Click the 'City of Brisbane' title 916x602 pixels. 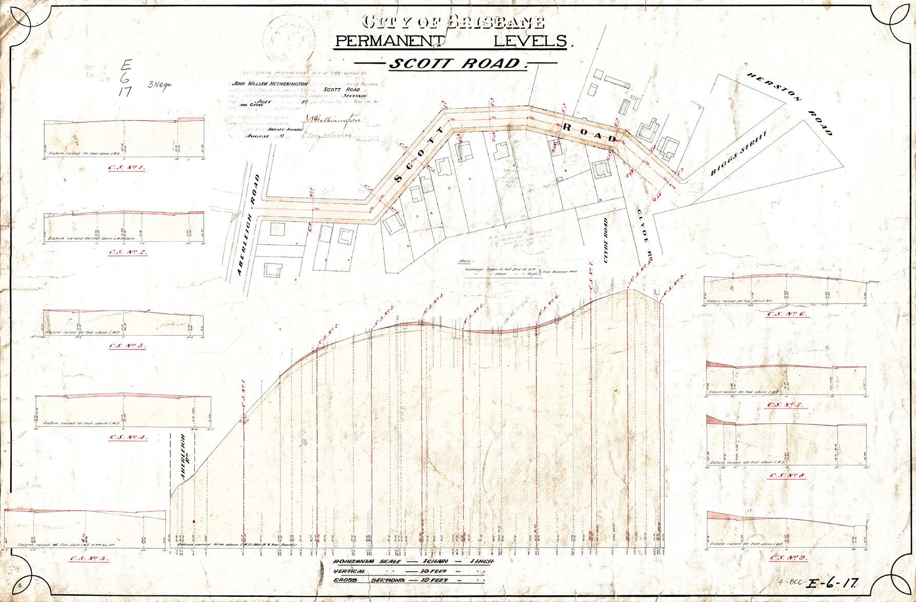click(x=453, y=22)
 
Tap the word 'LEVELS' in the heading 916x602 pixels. click(x=530, y=41)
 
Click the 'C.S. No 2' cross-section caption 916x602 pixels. click(x=128, y=252)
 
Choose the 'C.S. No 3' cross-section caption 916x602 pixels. click(x=127, y=345)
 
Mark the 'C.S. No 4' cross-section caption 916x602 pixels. click(x=128, y=437)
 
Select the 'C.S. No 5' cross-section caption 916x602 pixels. click(x=89, y=558)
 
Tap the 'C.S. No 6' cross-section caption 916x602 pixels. click(x=787, y=314)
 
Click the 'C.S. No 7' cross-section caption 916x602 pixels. click(x=787, y=405)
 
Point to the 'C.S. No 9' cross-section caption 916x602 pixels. click(x=788, y=557)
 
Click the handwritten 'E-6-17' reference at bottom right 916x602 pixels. click(x=832, y=583)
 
